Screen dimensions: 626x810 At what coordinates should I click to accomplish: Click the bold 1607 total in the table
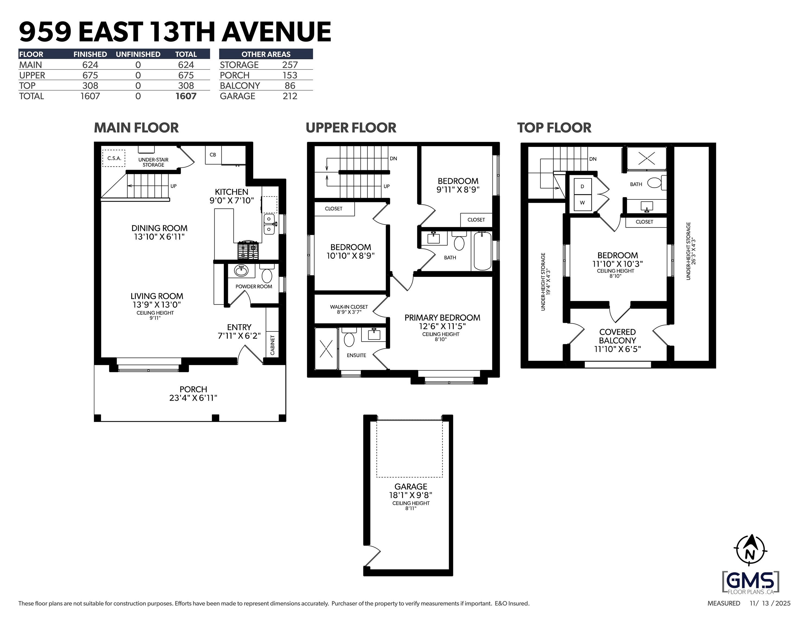click(186, 96)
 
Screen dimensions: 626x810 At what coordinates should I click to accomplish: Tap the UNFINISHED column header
click(138, 54)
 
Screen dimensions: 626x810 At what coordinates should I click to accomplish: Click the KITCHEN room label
click(231, 192)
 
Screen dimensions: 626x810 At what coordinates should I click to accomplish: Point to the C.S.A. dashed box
click(114, 158)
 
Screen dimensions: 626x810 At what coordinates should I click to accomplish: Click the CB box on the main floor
click(213, 155)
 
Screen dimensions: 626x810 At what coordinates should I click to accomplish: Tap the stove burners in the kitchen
click(248, 251)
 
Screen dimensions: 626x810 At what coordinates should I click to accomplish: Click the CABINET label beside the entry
click(273, 345)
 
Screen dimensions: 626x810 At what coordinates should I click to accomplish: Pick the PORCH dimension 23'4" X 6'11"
click(193, 398)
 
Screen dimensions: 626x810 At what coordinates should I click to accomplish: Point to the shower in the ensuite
click(326, 349)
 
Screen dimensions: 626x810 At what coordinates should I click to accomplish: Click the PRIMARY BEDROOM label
click(442, 318)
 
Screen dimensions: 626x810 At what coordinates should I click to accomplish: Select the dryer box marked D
click(582, 187)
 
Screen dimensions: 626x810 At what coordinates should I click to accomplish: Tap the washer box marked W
click(582, 203)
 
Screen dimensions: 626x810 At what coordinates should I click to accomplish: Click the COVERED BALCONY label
click(617, 336)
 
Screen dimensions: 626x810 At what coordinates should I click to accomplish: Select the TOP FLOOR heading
click(554, 128)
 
